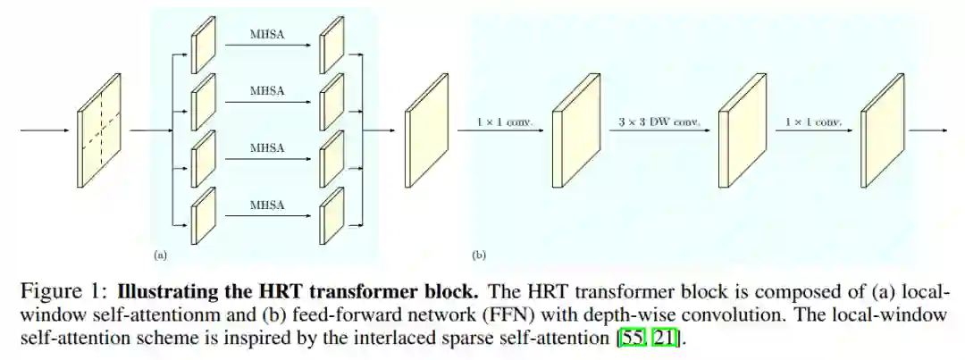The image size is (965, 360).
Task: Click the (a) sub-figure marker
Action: (160, 255)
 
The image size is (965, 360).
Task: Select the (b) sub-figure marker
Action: (479, 255)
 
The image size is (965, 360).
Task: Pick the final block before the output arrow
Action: (884, 130)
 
